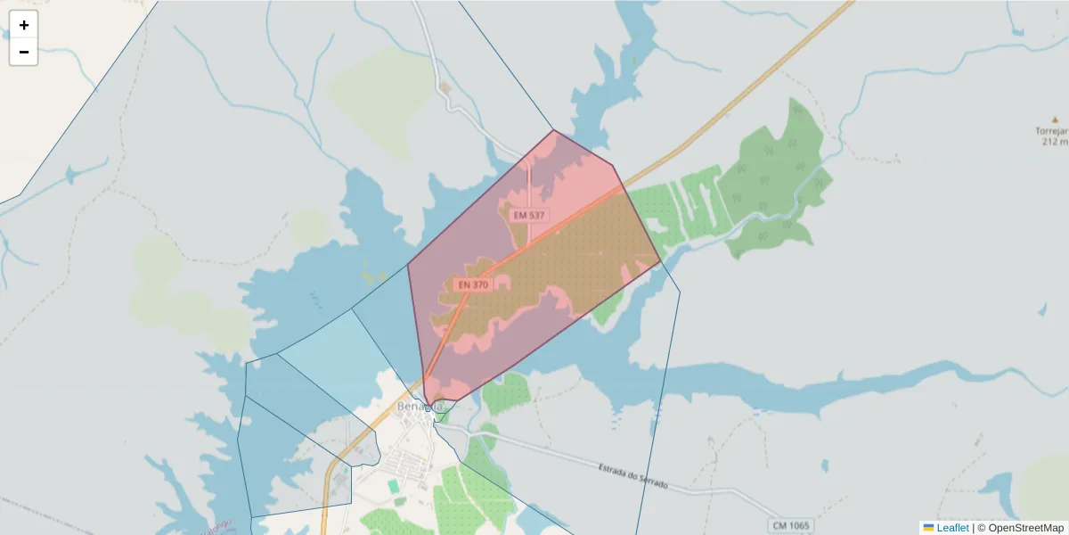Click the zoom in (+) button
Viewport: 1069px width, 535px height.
tap(24, 25)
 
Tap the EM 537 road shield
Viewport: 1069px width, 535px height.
tap(528, 215)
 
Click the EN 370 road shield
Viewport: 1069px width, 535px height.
tap(473, 284)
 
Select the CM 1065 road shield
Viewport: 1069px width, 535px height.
tap(790, 525)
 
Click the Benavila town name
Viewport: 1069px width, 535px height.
tap(419, 407)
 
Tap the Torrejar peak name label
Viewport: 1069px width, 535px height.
tap(1054, 130)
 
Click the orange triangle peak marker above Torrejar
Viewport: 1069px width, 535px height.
tap(1056, 118)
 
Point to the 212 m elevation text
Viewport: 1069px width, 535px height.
tap(1054, 141)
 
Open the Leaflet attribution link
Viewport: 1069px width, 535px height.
tap(952, 528)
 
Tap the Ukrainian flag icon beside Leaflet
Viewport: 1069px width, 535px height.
tap(928, 528)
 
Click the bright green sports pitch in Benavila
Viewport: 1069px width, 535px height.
tap(393, 486)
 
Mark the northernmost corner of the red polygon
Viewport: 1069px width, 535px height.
tap(554, 130)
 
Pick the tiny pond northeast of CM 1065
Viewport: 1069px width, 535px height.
tap(824, 465)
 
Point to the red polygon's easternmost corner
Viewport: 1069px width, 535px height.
tap(661, 261)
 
